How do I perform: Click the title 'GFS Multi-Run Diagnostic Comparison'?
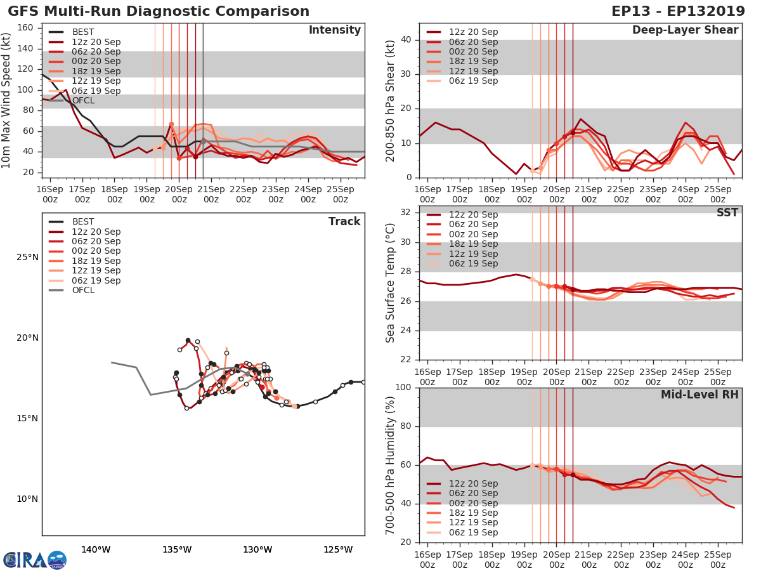pos(159,11)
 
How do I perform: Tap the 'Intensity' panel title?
pos(334,30)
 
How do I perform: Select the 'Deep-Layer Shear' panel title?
pos(685,30)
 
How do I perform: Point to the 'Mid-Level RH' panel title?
pos(699,395)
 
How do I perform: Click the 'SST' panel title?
pos(727,213)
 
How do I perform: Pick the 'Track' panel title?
pos(344,221)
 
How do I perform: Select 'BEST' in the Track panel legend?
pos(83,221)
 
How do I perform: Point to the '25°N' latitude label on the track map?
pos(27,258)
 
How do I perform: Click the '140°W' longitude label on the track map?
pos(96,549)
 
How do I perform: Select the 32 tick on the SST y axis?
pos(408,213)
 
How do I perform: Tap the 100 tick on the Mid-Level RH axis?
pos(405,388)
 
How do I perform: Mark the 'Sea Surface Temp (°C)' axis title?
pos(391,283)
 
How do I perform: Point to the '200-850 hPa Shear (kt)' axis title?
pos(391,100)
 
